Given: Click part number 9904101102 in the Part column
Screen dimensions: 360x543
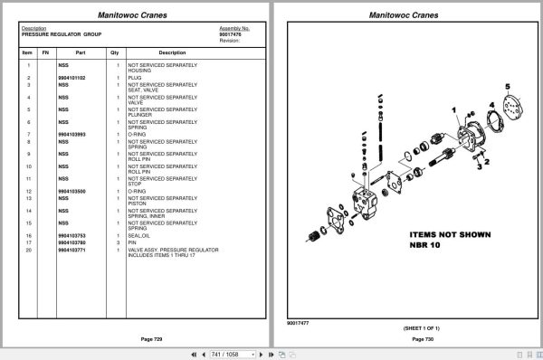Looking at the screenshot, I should pyautogui.click(x=71, y=79).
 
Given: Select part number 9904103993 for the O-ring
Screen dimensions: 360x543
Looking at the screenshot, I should pyautogui.click(x=71, y=135).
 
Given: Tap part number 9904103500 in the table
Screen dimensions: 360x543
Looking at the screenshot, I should pyautogui.click(x=71, y=192).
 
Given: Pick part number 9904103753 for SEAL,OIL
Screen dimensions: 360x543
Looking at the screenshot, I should pyautogui.click(x=71, y=235).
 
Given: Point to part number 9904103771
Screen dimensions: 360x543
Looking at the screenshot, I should pyautogui.click(x=71, y=249).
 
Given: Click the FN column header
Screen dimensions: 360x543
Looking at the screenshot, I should pyautogui.click(x=45, y=52).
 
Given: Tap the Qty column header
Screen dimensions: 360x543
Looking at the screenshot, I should pyautogui.click(x=115, y=52).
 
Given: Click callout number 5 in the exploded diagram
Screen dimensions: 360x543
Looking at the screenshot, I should pyautogui.click(x=508, y=87).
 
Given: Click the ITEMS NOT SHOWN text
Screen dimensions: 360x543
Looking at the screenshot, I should pyautogui.click(x=449, y=234).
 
